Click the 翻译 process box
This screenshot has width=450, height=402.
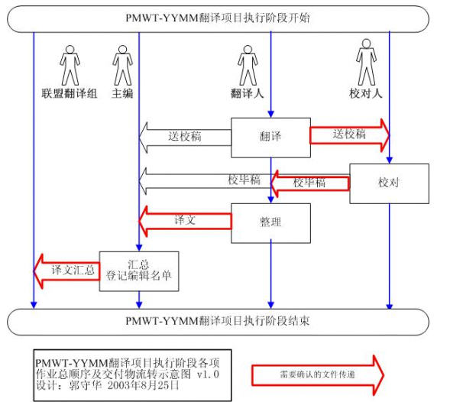coord(270,138)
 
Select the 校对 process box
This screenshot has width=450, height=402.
coord(389,183)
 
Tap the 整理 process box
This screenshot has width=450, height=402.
coord(270,223)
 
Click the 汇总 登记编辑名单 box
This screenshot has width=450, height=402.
coord(139,271)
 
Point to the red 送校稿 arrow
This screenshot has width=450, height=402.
coord(350,135)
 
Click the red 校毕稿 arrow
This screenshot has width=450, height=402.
coord(310,183)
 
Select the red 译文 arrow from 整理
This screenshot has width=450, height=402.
coord(185,221)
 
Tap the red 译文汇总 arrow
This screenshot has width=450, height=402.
coord(66,271)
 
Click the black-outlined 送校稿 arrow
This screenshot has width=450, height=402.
coord(185,138)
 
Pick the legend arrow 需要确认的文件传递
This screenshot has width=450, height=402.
coord(318,374)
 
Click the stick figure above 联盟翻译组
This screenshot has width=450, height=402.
coord(70,65)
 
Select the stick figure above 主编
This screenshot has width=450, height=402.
coord(122,65)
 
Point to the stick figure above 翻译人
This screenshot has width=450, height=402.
coord(248,65)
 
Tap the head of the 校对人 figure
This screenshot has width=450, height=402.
coord(366,44)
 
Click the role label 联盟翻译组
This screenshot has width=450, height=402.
coord(70,93)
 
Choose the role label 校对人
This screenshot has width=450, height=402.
coord(366,93)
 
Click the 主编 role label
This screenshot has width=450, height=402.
coord(122,93)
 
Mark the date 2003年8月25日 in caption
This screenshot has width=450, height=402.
coord(143,385)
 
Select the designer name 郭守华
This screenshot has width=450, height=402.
coord(86,385)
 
